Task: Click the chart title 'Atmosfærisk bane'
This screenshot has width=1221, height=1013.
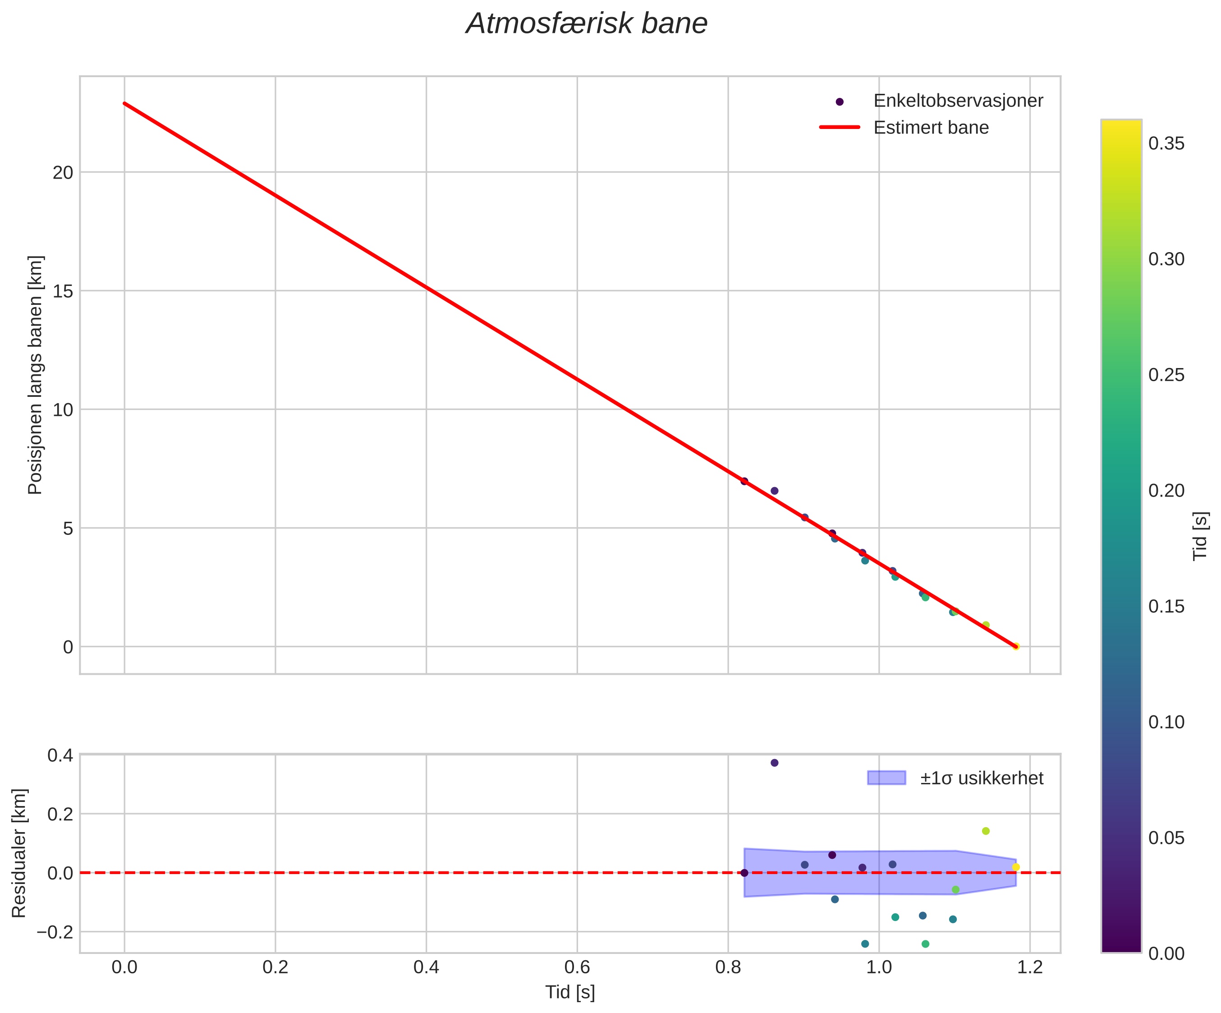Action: (x=586, y=24)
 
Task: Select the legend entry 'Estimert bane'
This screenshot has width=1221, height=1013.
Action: (x=930, y=127)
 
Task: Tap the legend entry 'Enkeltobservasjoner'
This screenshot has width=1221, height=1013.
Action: (x=958, y=101)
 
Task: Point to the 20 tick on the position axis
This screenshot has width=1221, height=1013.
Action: (x=63, y=173)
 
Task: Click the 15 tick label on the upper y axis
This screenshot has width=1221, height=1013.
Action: (x=63, y=291)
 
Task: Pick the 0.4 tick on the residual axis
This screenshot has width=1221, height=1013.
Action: (x=60, y=756)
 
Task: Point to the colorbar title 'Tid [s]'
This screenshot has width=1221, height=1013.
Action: (x=1201, y=535)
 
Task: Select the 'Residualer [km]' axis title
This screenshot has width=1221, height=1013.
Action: (x=19, y=853)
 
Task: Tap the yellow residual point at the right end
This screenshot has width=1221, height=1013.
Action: (x=1016, y=867)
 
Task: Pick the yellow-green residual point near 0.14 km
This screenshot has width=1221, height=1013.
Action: (x=986, y=831)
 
